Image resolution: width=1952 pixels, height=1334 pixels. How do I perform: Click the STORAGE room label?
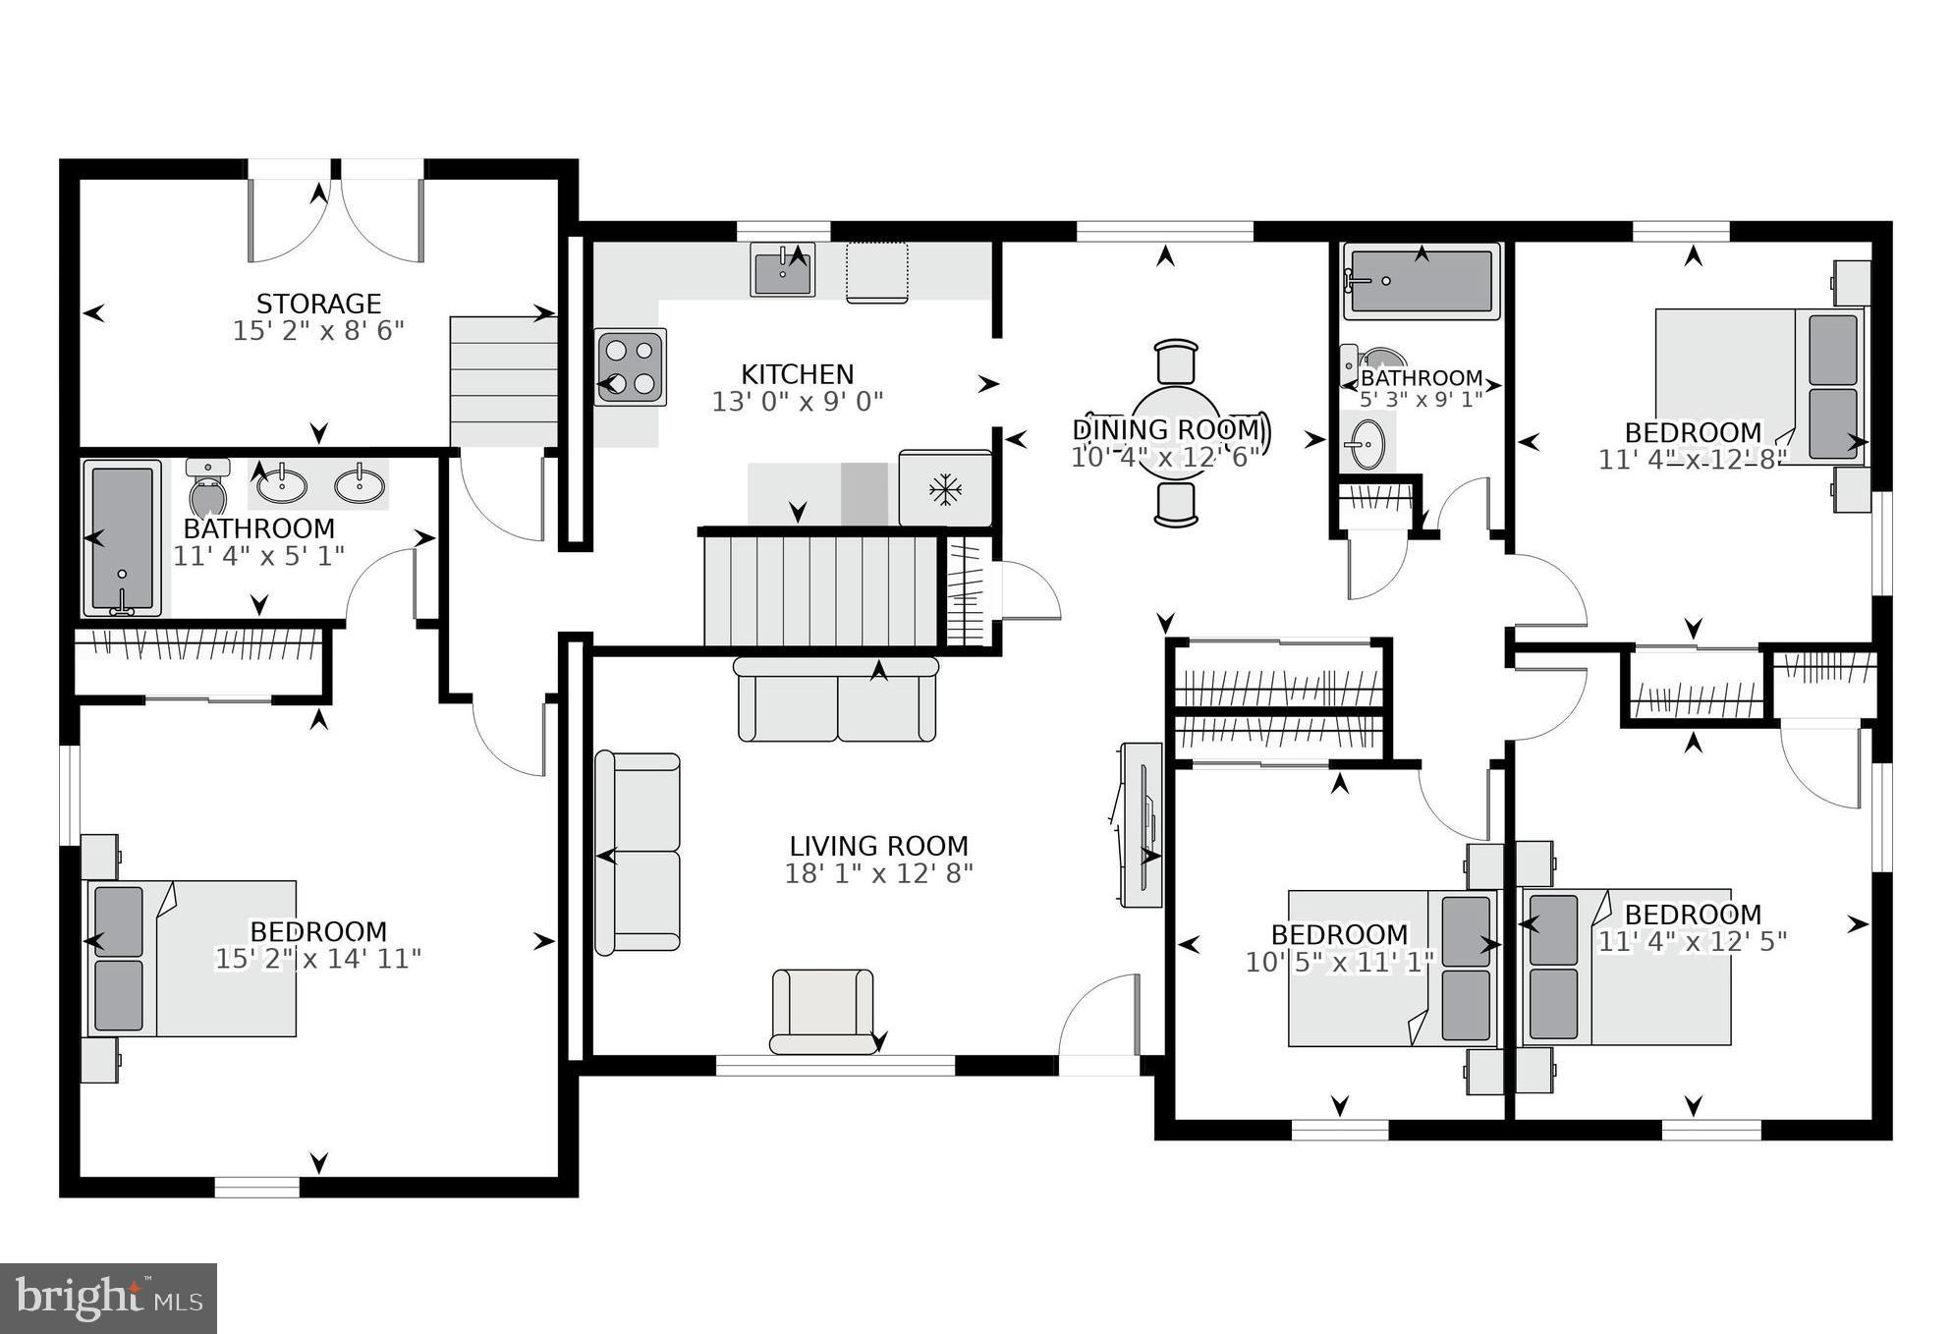point(318,304)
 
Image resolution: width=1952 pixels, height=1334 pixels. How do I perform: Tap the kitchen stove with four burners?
point(630,366)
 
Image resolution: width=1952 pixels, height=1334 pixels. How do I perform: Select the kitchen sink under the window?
point(783,270)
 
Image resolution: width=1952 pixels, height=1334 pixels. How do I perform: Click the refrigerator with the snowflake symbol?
point(944,488)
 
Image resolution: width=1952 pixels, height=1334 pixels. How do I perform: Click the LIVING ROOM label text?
point(878,846)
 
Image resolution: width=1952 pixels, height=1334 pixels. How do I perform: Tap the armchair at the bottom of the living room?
point(822,1011)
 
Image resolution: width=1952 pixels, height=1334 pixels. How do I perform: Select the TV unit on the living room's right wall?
point(1140,823)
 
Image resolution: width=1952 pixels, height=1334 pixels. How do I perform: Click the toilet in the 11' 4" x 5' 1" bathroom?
point(207,489)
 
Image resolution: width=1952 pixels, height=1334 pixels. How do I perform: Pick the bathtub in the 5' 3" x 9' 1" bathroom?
point(1422,281)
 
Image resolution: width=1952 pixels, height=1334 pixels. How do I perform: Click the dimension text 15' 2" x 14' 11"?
point(317,959)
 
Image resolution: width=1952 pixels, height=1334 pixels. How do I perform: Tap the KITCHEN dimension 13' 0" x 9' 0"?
point(797,401)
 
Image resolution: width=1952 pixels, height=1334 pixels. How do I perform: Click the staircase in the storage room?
point(503,380)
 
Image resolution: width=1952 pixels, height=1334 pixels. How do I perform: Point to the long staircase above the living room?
point(820,589)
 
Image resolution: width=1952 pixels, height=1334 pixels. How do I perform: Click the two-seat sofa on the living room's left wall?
point(638,852)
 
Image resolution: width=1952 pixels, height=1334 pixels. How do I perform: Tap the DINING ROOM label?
point(1165,429)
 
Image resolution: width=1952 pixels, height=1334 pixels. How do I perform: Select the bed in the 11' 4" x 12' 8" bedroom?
point(1758,386)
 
